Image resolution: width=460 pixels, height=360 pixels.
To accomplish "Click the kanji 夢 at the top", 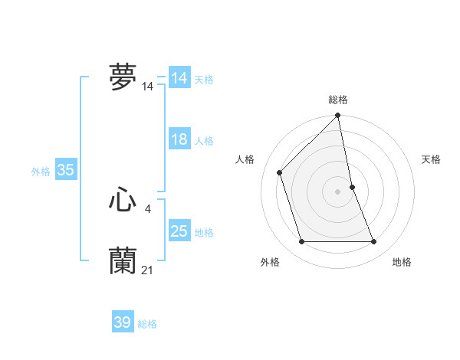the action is (x=123, y=77).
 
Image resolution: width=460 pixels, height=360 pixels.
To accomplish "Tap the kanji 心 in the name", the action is (x=123, y=201).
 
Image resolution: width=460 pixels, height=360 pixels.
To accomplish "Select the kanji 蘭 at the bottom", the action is (x=123, y=260).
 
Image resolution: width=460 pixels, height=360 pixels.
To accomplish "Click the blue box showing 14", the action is (x=179, y=78).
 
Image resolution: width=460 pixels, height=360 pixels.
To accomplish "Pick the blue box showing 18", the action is (x=179, y=139).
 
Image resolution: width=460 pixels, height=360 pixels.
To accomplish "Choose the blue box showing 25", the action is (x=179, y=231).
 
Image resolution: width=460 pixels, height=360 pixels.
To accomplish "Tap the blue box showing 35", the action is (x=65, y=170).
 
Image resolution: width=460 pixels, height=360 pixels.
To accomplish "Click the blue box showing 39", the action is (x=123, y=322).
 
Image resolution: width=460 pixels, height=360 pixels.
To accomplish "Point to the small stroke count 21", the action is (x=148, y=270).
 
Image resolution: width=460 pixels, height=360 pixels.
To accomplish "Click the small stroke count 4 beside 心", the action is (x=147, y=208).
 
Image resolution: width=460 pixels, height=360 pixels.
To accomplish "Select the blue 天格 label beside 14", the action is (x=204, y=80).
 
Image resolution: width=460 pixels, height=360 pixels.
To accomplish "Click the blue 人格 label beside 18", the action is (x=204, y=141).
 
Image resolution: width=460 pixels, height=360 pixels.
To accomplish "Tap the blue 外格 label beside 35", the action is (x=41, y=172).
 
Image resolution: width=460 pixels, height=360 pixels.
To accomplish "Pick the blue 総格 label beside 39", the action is (x=147, y=324).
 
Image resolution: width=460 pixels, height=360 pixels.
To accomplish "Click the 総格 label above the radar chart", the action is (x=338, y=100).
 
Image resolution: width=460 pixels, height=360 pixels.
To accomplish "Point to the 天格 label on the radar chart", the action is (x=431, y=159).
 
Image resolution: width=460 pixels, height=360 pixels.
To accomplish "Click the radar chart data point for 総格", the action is (x=338, y=116).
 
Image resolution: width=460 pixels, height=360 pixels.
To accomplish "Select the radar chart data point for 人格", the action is (x=280, y=172).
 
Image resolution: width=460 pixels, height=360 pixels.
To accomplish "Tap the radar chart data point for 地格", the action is (x=374, y=242).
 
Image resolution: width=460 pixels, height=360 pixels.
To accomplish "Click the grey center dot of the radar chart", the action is (x=338, y=191).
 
